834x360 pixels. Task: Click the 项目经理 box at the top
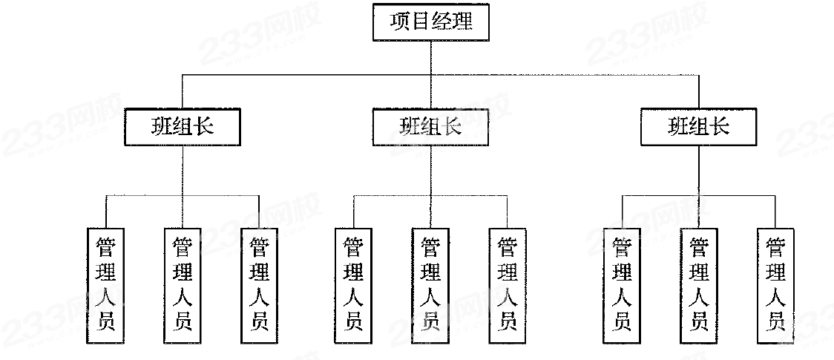pyautogui.click(x=430, y=23)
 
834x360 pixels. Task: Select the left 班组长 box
pyautogui.click(x=183, y=126)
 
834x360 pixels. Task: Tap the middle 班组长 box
pyautogui.click(x=430, y=127)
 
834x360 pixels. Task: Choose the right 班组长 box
pyautogui.click(x=699, y=126)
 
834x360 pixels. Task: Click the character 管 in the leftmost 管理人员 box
pyautogui.click(x=106, y=246)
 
